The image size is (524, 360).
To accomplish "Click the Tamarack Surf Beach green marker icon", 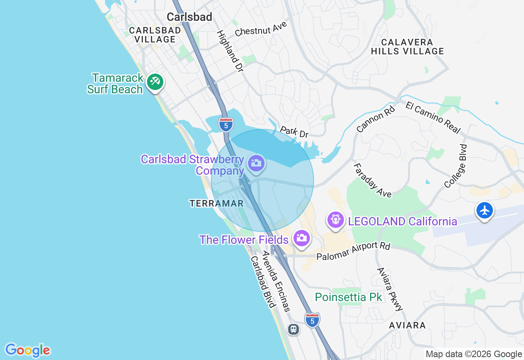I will tap(155, 82).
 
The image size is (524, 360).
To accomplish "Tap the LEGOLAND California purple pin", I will tap(336, 220).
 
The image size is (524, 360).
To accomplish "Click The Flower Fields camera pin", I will tap(302, 238).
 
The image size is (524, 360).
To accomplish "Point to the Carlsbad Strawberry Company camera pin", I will tap(256, 163).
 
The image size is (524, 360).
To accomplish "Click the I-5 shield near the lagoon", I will tap(226, 124).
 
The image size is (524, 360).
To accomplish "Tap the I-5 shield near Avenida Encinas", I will tap(312, 320).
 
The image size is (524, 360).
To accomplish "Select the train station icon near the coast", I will tap(293, 329).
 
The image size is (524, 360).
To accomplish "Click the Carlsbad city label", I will tap(190, 17).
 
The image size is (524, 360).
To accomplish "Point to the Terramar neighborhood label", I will tap(217, 203).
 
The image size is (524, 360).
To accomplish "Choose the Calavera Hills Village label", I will tap(407, 47).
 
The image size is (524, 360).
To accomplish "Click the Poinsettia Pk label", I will tap(348, 297).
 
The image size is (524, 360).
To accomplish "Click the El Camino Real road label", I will tap(433, 117).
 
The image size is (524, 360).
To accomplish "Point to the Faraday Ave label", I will tap(373, 180).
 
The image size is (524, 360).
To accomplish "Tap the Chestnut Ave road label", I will tap(261, 29).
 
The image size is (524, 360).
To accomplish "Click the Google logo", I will tap(27, 350).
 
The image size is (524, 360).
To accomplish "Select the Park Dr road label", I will tap(294, 132).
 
